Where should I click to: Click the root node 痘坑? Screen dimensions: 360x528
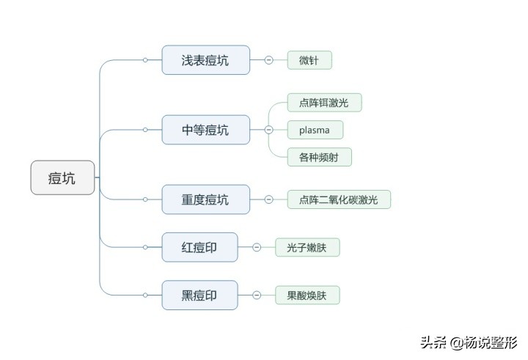[62, 177]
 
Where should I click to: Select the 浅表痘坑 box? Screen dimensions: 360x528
[205, 60]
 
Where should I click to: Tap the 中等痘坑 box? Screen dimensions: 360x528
[205, 130]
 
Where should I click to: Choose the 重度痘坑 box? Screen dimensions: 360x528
[205, 199]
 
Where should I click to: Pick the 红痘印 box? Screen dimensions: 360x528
[199, 247]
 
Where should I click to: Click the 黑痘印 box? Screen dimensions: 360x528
[199, 295]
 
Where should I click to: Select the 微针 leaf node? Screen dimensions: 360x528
[309, 60]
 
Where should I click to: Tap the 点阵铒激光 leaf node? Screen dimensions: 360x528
[324, 103]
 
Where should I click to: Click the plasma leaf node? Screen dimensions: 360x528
[315, 130]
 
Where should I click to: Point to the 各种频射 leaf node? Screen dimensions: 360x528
[319, 157]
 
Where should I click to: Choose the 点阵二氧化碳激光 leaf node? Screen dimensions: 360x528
[338, 199]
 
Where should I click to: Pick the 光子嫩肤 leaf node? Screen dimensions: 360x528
[307, 247]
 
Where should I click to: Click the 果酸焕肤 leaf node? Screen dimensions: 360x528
[307, 295]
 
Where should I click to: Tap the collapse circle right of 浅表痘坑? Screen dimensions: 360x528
[269, 60]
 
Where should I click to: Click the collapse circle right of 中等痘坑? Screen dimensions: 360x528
[269, 130]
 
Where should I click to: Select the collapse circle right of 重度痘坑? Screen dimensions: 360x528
[269, 199]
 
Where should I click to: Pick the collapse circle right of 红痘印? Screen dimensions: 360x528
[257, 247]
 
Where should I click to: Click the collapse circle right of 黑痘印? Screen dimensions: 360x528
[257, 295]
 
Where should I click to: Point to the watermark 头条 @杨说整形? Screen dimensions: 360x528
[469, 342]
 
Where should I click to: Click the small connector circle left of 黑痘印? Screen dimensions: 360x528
[145, 295]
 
